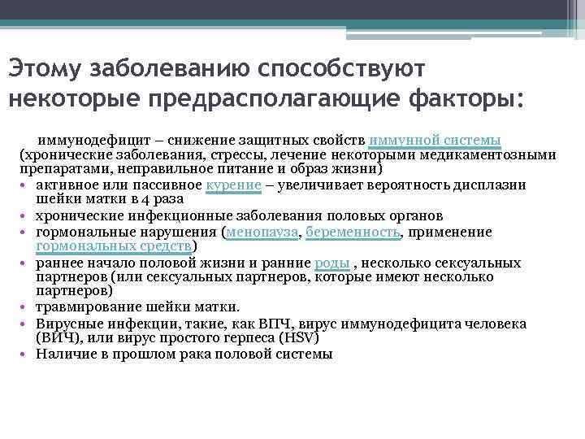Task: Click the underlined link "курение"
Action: coord(234,185)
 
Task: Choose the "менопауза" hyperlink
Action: coord(262,232)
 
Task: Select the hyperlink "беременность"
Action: coord(354,232)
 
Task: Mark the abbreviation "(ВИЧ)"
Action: coord(58,338)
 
